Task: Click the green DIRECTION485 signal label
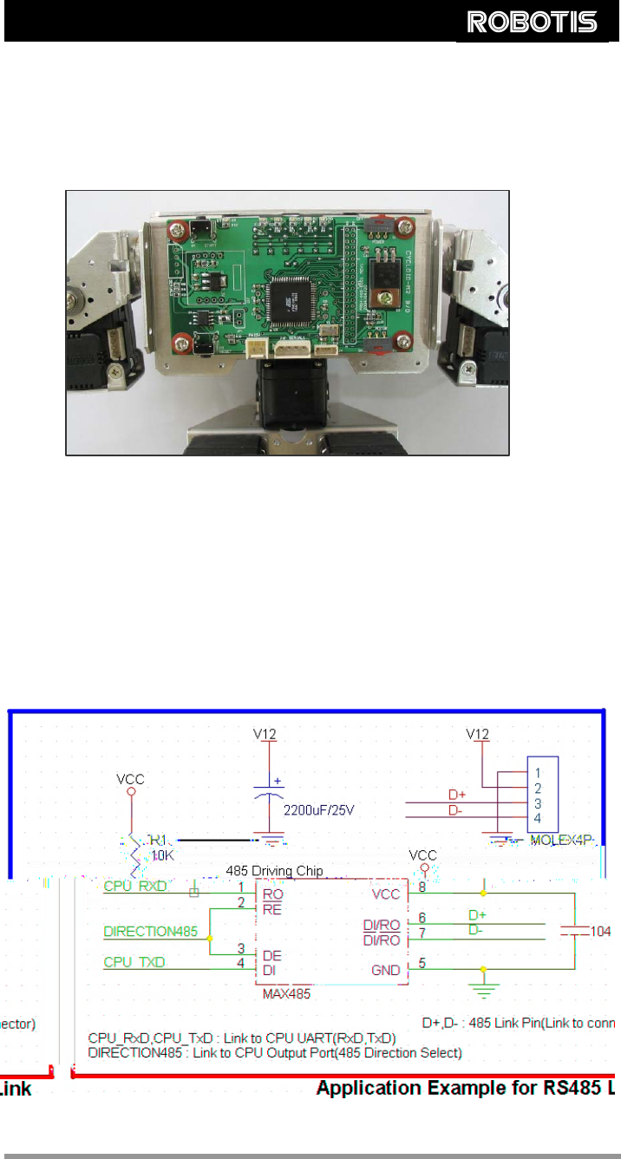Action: [x=151, y=933]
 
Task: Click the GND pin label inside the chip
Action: [x=386, y=971]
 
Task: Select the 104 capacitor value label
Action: [x=602, y=930]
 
